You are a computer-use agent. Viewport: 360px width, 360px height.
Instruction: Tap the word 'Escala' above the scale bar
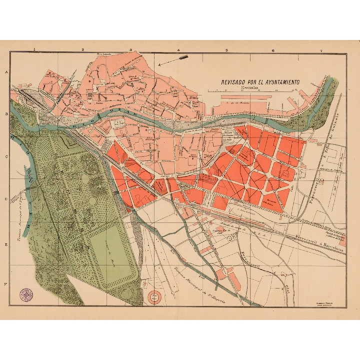248,87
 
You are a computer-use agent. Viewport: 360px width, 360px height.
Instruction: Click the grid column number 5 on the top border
226,50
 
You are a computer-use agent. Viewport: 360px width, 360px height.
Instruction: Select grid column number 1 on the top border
34,50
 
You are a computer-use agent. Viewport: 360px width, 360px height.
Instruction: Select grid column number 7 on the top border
321,50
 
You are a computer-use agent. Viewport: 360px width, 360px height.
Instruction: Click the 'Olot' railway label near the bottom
289,286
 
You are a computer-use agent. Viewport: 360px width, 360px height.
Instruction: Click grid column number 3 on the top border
130,50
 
